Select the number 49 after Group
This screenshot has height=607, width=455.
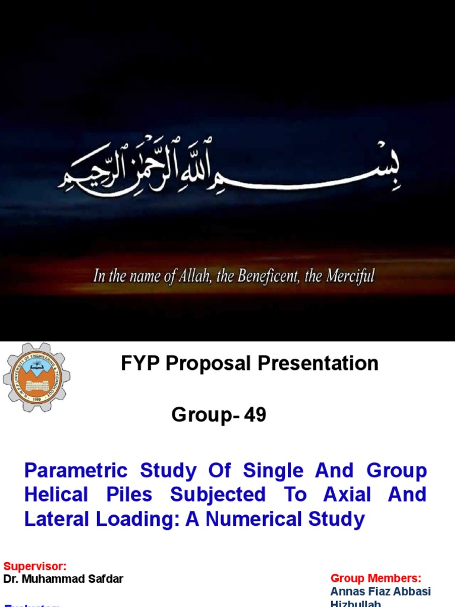[x=254, y=416]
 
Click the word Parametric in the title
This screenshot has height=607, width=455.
[x=75, y=471]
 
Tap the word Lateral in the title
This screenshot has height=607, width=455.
[x=55, y=519]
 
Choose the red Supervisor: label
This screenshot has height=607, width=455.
[x=35, y=567]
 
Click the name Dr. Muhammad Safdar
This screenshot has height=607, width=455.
[x=63, y=579]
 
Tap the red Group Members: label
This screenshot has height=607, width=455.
[x=376, y=578]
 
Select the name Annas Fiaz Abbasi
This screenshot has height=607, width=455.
[x=380, y=592]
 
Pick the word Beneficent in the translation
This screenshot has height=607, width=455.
[x=268, y=276]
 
